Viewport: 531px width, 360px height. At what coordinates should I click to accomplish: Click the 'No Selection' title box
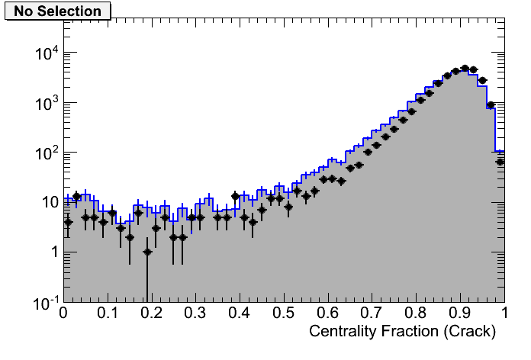57,11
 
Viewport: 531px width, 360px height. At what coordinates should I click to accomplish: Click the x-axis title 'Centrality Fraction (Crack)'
402,332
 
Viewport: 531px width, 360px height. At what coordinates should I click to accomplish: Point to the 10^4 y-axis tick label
46,54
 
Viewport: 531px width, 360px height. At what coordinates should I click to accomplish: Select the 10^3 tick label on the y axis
46,104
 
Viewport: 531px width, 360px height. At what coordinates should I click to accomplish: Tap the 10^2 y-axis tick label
46,153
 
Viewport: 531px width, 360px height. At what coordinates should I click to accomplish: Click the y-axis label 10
47,203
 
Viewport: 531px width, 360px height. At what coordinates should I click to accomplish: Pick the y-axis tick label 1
53,252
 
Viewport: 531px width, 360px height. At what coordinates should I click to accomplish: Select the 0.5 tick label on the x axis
284,313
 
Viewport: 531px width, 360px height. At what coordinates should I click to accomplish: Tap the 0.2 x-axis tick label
151,313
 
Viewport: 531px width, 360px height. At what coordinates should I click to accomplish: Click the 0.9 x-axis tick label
460,313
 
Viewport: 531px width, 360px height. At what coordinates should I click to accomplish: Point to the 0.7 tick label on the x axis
372,313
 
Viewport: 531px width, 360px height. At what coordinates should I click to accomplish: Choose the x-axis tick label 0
64,313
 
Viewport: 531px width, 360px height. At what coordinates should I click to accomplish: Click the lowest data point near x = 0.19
147,252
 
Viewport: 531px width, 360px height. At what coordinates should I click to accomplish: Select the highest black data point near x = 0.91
465,69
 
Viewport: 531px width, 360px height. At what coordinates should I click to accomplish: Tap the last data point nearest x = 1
500,162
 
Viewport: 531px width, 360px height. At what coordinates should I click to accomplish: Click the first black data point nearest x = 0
68,222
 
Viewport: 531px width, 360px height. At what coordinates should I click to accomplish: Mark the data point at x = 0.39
236,196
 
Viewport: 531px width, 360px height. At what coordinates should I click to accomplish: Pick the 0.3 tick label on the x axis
195,313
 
